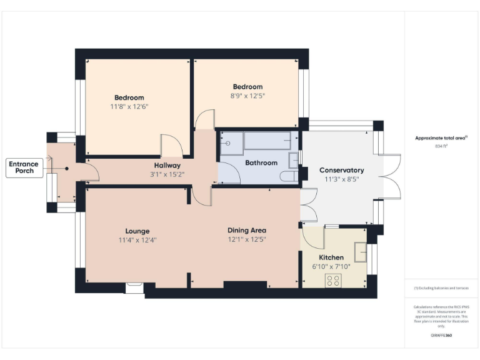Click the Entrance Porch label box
point(23,167)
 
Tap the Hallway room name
point(167,166)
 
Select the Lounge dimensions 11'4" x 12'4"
point(137,240)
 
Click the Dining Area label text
point(246,231)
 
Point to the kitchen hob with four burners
point(332,281)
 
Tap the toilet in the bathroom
point(289,177)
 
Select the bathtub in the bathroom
point(267,141)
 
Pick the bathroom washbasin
point(294,160)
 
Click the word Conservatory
point(341,170)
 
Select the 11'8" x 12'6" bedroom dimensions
point(129,107)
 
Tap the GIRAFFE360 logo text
point(442,336)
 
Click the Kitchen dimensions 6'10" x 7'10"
point(331,266)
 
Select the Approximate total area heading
point(441,138)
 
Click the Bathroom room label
point(261,163)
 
